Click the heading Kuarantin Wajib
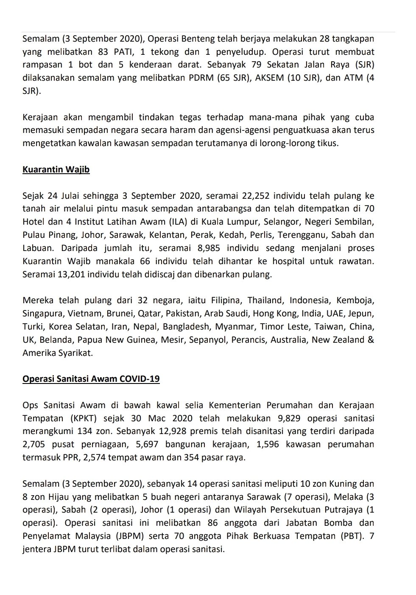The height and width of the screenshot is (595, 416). click(x=56, y=170)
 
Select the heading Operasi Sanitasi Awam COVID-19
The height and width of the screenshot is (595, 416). click(x=91, y=378)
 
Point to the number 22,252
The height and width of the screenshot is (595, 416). click(x=256, y=196)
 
